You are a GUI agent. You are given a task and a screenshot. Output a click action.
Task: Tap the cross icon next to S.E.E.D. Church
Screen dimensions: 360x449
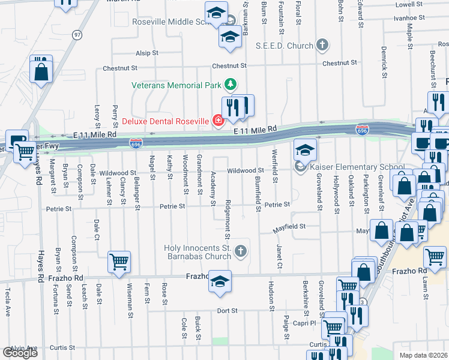point(322,46)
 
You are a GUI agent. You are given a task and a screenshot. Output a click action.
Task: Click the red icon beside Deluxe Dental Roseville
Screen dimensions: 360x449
point(217,120)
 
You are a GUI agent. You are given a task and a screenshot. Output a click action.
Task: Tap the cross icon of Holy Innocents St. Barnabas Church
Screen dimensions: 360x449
point(241,251)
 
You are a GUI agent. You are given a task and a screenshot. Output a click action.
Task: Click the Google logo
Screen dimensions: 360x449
point(20,353)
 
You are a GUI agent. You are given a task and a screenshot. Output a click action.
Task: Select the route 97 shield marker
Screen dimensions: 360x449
point(77,35)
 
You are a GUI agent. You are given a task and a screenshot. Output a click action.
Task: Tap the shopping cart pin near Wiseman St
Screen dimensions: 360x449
point(119,262)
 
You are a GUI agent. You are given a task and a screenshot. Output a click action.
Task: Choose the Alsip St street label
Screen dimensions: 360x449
point(146,53)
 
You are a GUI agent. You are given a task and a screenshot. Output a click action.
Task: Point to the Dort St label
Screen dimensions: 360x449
point(228,311)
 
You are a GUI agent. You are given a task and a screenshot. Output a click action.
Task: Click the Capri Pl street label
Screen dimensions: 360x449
point(304,323)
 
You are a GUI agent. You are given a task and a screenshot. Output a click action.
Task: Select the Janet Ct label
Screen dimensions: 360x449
point(280,257)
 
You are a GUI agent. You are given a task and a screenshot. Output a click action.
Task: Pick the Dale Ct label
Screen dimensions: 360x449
point(96,229)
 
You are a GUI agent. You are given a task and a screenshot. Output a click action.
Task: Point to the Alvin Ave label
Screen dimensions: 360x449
point(24,347)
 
